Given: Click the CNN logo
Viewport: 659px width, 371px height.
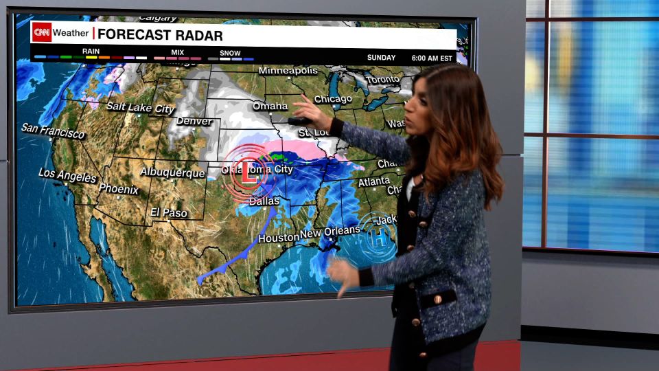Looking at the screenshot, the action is (42, 32).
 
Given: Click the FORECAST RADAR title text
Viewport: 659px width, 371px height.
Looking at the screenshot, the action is (160, 35).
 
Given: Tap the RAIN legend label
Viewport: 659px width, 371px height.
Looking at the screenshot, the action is (91, 51).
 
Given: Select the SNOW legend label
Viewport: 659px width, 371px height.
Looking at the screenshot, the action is (230, 53).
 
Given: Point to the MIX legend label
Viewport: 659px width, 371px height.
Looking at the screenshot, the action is (177, 52).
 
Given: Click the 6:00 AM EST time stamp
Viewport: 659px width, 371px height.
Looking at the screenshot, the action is (432, 58).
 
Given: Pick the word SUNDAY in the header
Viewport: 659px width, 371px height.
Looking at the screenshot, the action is (381, 58).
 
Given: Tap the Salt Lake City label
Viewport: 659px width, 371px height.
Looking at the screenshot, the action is (141, 108).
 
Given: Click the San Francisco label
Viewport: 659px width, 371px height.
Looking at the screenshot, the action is (53, 131).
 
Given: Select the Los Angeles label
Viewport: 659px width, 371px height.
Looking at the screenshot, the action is (68, 175).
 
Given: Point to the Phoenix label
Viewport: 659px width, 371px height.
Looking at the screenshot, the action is (118, 188).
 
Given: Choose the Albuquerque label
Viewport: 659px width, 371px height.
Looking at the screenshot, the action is (172, 172).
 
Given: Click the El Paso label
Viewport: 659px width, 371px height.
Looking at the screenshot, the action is (169, 212).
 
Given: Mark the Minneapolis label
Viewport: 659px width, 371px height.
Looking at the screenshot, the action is (288, 71).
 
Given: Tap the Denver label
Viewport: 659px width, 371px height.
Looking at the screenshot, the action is (194, 122).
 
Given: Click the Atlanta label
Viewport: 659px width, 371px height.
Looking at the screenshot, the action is (374, 183).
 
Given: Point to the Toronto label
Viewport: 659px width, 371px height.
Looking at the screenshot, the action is (382, 80).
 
